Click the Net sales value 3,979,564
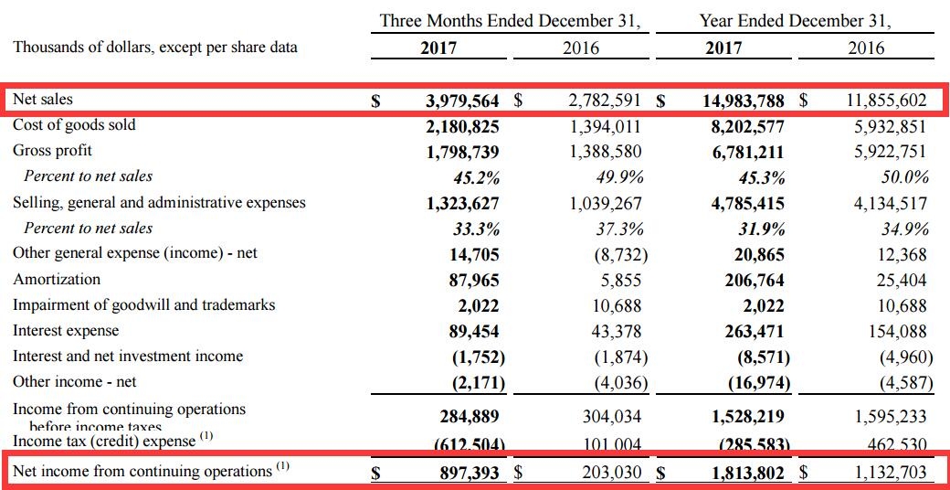[x=462, y=101]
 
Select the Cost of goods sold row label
[x=74, y=125]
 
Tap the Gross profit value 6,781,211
[x=747, y=152]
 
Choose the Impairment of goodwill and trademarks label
[x=143, y=305]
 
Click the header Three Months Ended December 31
[x=509, y=20]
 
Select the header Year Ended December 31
[x=795, y=20]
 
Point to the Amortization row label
[x=57, y=280]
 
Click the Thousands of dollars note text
[x=155, y=47]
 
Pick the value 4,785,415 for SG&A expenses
[x=747, y=204]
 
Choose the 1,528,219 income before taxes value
[x=747, y=417]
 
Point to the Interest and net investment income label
[x=128, y=357]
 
